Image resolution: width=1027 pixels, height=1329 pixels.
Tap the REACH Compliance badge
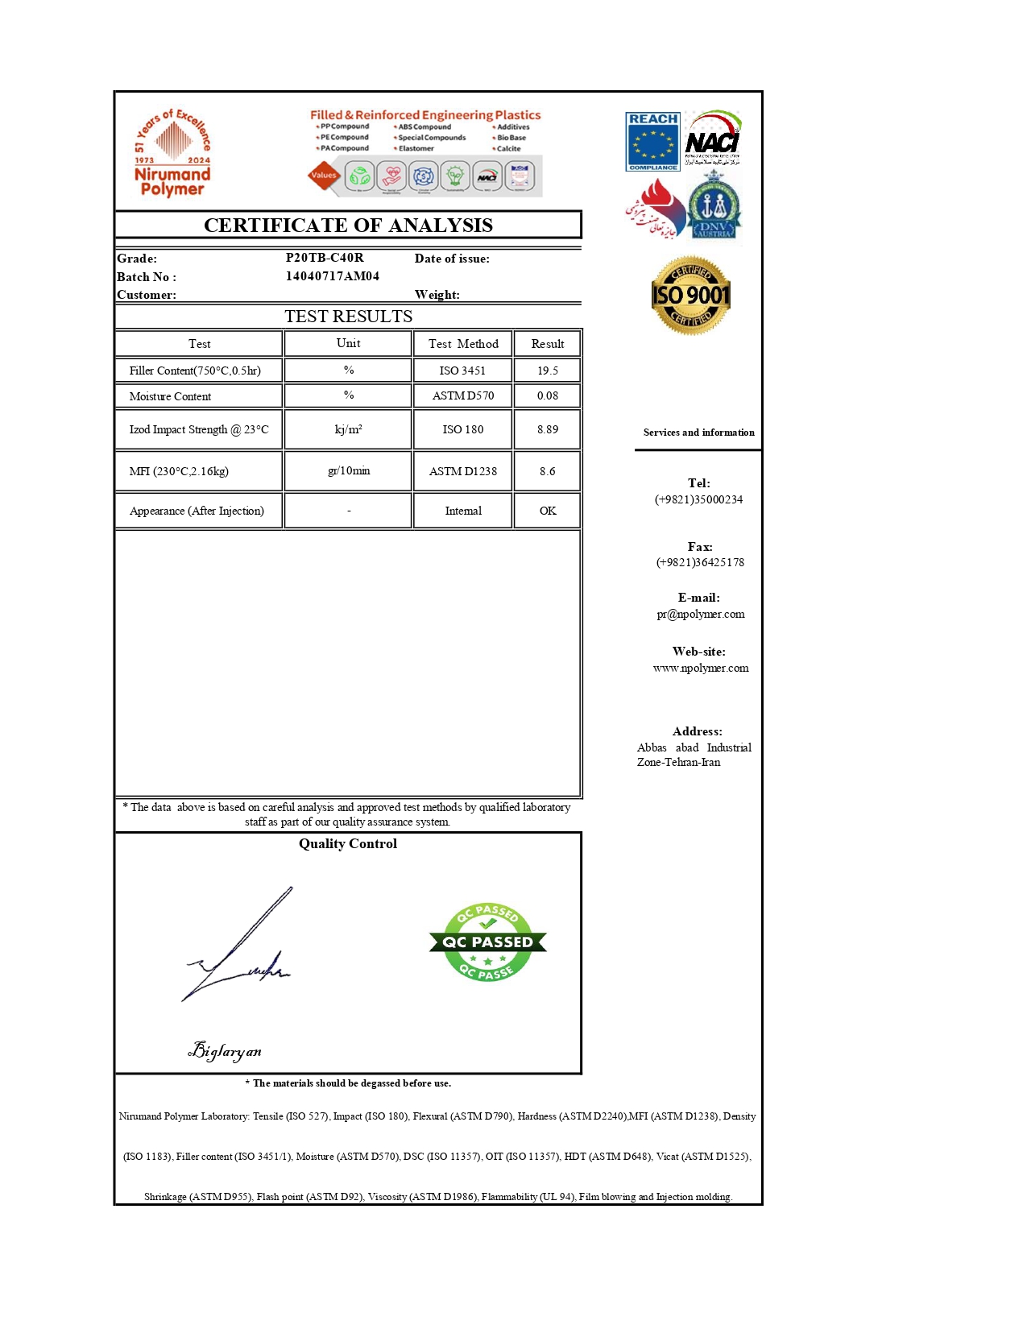tap(652, 142)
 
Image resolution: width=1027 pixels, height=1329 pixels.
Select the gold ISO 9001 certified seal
tap(690, 296)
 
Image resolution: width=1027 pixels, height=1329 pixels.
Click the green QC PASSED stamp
tap(487, 942)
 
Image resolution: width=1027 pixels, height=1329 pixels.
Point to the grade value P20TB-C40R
tap(325, 258)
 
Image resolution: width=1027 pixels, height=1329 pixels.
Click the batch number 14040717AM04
tap(332, 275)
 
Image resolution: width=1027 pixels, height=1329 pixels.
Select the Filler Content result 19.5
tap(548, 371)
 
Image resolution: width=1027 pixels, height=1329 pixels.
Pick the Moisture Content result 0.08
tap(548, 395)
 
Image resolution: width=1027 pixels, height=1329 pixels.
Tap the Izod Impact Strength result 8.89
tap(548, 429)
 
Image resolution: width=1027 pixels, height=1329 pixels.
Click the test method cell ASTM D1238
tap(463, 471)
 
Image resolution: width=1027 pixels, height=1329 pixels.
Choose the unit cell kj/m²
tap(348, 429)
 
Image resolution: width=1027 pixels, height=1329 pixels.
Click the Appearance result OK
tap(548, 511)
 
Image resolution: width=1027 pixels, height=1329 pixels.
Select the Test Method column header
tap(463, 344)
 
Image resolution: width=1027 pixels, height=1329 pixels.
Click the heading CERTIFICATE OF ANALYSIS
tap(348, 225)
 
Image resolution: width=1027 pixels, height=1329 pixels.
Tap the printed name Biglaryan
tap(225, 1050)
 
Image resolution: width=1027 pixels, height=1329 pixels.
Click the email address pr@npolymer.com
tap(700, 614)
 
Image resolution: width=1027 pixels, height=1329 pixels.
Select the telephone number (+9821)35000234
tap(698, 499)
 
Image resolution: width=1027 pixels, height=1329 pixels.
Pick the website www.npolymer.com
tap(700, 668)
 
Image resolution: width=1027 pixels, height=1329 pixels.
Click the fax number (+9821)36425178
tap(699, 562)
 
